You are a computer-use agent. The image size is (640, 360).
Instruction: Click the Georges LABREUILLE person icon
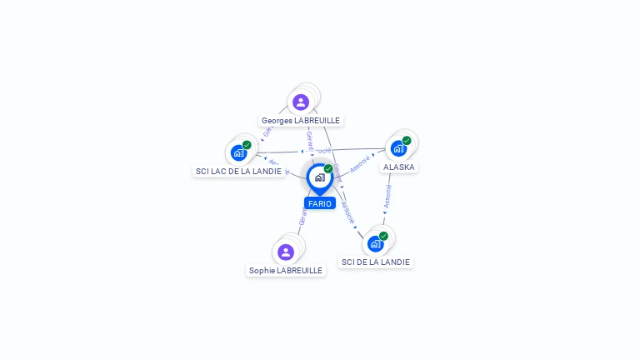tap(301, 102)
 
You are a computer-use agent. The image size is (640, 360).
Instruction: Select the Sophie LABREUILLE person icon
tap(286, 252)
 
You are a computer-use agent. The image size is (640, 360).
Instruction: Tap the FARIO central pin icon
tap(319, 177)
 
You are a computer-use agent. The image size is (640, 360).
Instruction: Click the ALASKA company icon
tap(398, 148)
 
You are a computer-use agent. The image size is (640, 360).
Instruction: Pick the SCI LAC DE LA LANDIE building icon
tap(239, 152)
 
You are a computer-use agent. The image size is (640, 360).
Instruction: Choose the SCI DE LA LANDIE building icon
tap(375, 243)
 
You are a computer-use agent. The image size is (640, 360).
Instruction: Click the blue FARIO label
tap(319, 203)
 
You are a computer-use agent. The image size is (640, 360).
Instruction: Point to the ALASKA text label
tap(398, 167)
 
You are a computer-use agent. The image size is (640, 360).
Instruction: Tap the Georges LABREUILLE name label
tap(301, 121)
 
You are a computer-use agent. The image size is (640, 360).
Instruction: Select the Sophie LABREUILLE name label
tap(286, 270)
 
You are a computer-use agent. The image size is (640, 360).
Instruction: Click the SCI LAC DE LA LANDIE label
tap(238, 171)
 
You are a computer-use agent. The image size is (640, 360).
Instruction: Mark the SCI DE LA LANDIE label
tap(376, 262)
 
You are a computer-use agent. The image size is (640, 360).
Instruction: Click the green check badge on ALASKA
tap(407, 141)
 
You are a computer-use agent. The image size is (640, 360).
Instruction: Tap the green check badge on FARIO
tap(328, 169)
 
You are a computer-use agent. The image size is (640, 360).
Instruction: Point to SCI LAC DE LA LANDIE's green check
tap(247, 145)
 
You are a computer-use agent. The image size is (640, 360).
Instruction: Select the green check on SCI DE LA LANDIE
tap(383, 236)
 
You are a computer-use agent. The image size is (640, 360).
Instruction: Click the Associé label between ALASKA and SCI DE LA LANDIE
tap(387, 197)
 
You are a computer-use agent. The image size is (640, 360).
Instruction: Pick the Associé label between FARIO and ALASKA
tap(359, 164)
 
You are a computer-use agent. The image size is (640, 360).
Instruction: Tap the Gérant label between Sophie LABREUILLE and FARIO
tap(302, 217)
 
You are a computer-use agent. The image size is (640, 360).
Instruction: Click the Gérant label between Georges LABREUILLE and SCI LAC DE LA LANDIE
tap(267, 131)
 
